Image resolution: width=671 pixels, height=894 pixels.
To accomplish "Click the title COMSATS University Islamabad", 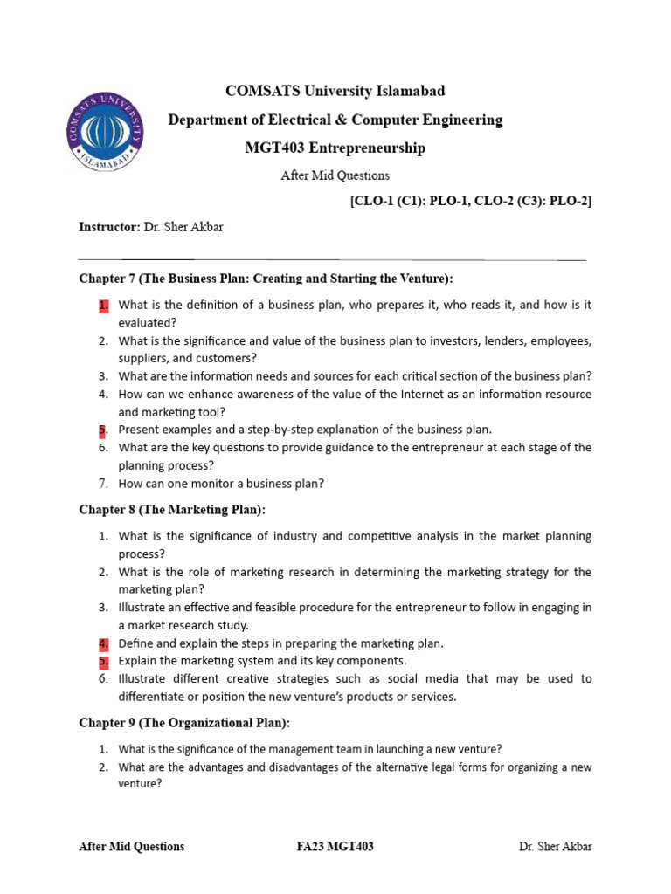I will point(335,91).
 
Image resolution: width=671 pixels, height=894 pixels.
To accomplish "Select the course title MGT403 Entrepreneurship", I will point(335,148).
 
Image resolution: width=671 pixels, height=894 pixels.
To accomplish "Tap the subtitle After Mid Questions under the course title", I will point(335,175).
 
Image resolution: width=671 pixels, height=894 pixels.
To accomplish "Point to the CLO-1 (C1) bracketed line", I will point(470,201).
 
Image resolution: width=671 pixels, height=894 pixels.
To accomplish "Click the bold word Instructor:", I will point(109,227).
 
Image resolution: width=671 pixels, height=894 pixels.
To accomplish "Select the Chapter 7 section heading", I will point(266,279).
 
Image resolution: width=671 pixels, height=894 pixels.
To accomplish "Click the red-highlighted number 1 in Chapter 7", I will point(102,305).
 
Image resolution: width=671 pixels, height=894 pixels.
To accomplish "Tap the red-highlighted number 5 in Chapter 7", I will point(102,430).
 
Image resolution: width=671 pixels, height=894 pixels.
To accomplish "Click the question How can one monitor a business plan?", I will point(221,483).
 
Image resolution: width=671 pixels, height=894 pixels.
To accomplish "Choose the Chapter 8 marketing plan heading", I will point(172,509).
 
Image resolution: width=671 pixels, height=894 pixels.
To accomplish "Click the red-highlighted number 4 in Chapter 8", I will point(102,643).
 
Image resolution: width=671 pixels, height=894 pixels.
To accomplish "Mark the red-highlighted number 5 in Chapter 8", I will point(102,661).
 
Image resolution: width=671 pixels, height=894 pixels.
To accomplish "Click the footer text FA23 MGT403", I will point(335,846).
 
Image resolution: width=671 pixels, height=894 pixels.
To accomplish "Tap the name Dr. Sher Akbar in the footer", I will point(555,846).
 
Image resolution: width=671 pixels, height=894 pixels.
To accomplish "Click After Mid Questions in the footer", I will point(132,846).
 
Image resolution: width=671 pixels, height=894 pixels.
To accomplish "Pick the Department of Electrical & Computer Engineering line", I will point(335,120).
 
